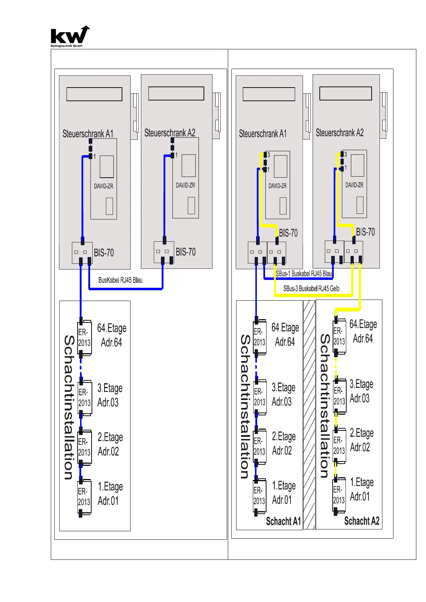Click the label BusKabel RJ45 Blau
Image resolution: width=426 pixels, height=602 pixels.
coord(120,280)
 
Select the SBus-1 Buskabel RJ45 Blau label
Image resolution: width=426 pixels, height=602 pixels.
coord(304,274)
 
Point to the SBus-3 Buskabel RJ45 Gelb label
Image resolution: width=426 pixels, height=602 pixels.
coord(311,288)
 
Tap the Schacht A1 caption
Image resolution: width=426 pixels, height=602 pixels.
coord(283,522)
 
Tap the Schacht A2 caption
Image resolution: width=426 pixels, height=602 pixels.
coord(361,521)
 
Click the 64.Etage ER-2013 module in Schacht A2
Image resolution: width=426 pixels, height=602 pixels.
coord(339,336)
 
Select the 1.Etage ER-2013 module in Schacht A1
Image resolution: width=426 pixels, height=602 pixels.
coord(259,496)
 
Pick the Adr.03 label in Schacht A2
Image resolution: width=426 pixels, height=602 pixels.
coord(359,398)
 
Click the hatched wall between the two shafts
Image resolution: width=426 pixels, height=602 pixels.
coord(309,415)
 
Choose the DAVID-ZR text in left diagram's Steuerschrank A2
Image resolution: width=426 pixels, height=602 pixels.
coord(185,185)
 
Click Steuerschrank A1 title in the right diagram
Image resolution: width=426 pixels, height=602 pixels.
coord(263,134)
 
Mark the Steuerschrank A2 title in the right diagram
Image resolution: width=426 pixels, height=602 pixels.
coord(339,133)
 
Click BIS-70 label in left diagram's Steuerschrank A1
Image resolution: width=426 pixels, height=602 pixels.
coord(104,253)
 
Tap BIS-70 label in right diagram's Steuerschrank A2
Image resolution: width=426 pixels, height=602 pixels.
coord(365,232)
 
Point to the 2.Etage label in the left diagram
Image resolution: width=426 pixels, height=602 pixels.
coord(110,438)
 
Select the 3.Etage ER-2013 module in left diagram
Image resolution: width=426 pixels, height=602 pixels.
coord(84,398)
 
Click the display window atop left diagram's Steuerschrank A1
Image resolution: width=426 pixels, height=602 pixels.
coord(94,94)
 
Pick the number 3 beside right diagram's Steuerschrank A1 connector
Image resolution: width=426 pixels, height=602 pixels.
coord(269,155)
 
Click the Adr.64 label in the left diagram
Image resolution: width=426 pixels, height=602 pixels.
coord(111,342)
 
